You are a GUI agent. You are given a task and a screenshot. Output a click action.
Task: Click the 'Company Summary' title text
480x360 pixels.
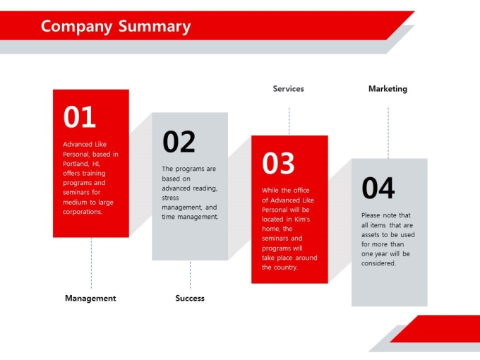(x=116, y=27)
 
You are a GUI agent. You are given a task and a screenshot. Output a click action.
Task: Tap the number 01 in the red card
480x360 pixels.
(x=80, y=116)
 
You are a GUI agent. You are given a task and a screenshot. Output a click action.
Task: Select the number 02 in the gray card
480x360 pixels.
(x=179, y=141)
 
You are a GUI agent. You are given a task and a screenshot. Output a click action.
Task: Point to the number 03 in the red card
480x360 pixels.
(x=278, y=163)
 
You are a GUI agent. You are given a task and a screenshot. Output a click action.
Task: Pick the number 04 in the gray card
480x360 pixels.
(x=378, y=188)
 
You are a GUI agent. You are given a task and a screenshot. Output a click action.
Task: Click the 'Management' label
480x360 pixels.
(x=90, y=298)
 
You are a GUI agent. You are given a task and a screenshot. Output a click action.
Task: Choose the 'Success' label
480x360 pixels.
(x=190, y=298)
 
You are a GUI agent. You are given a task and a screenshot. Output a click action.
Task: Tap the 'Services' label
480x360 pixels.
(x=289, y=89)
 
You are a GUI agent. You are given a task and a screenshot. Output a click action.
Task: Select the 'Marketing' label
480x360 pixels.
(x=388, y=89)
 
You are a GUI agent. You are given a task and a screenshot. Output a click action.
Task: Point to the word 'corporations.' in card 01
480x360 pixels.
(x=83, y=212)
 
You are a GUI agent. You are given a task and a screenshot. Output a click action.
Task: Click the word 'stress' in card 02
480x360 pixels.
(x=170, y=198)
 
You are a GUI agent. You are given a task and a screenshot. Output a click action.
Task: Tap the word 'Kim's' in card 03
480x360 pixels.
(x=302, y=220)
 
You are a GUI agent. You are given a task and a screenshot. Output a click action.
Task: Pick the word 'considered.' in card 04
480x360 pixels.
(x=378, y=263)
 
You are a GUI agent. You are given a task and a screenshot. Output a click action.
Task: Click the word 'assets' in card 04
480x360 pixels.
(x=370, y=235)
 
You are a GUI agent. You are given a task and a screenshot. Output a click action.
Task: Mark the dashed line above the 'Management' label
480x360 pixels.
(x=91, y=263)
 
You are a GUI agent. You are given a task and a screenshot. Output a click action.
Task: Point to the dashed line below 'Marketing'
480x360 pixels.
(x=388, y=133)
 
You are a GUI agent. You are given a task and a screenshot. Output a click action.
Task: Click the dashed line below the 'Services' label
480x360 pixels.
(x=289, y=121)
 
